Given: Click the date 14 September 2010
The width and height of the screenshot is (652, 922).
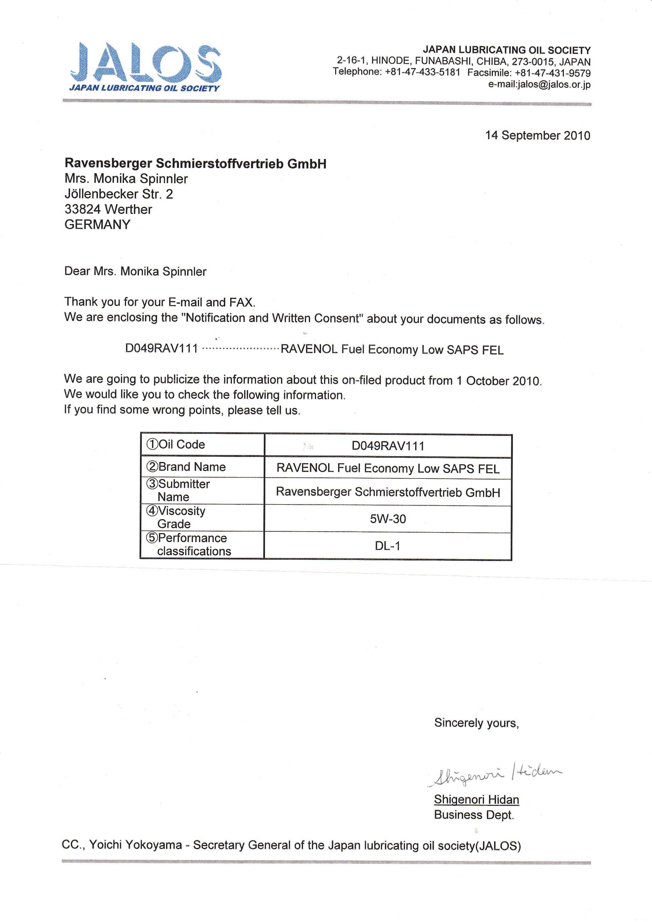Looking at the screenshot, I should pos(538,135).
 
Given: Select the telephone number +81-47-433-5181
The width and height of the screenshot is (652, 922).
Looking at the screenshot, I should pos(422,73).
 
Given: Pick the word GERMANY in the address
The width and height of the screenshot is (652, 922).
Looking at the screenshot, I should pos(97,224).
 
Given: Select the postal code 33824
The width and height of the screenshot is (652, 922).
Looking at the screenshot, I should pos(82,209).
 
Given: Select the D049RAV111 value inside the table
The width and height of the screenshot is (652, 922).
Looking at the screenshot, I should pos(388,446).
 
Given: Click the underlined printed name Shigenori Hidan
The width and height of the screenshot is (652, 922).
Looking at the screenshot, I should pos(476,800).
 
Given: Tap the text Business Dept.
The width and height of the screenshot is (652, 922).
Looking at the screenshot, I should pos(474,815).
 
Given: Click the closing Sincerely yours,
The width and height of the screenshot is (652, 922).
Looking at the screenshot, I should pos(476,723).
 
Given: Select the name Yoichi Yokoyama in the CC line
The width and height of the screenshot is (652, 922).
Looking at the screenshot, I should pos(135,845).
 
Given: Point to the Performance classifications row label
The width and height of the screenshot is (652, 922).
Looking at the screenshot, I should pos(189,544).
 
